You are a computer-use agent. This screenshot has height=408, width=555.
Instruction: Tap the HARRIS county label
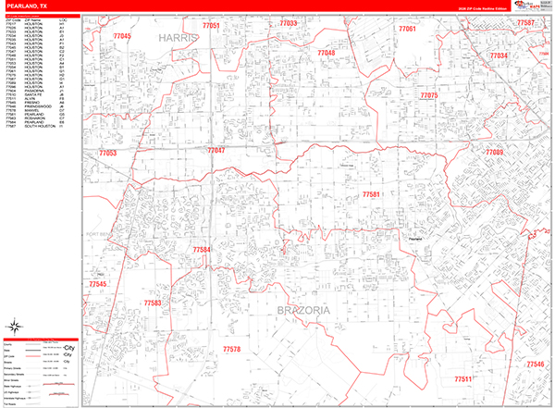(180, 38)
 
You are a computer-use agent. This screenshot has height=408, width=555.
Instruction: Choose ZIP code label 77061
(407, 30)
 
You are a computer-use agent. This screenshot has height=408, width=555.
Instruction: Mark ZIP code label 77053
(107, 152)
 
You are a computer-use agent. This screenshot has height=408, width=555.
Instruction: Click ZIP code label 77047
(216, 150)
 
